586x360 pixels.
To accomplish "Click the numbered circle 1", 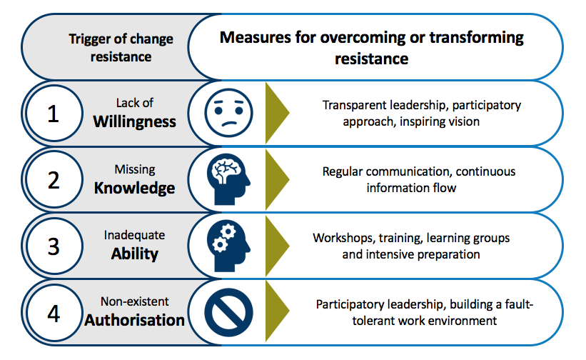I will (x=53, y=113).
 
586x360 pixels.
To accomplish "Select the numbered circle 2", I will (x=53, y=180).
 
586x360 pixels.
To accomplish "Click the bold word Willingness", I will (x=134, y=121).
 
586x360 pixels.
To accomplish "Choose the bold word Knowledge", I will (x=134, y=188).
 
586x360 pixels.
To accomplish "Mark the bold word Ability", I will (x=134, y=254).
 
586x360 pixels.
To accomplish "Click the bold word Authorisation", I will (x=134, y=320).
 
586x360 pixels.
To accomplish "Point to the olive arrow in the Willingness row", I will (x=276, y=113).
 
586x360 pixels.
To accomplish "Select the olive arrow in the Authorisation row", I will (x=276, y=312).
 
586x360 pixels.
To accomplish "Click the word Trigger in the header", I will (x=89, y=39).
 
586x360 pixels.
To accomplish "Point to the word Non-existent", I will (x=134, y=301).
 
